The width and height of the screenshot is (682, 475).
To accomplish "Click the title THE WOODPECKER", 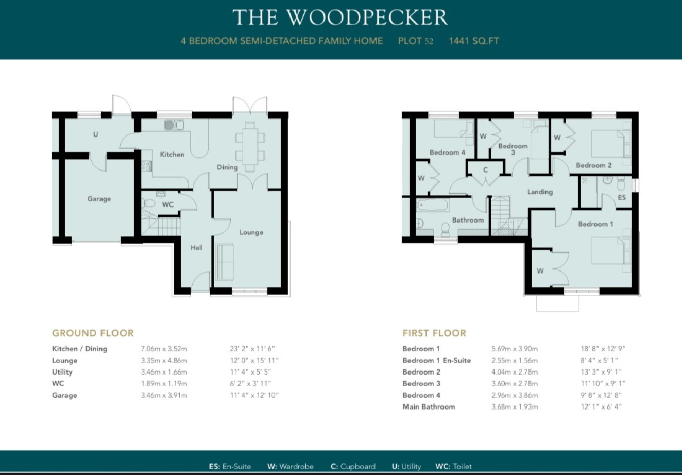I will click(340, 18).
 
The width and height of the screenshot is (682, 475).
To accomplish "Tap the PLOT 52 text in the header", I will click(415, 41).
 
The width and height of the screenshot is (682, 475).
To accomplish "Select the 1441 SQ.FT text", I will click(473, 41).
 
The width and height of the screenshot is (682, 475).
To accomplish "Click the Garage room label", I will click(99, 199).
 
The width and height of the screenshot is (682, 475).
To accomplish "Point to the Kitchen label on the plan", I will click(172, 154).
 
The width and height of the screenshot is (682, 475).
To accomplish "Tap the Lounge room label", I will click(251, 232).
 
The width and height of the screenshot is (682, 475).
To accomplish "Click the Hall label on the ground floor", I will click(196, 248).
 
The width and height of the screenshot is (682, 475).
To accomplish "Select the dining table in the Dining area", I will click(250, 146).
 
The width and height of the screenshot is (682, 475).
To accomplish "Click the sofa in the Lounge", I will click(225, 262).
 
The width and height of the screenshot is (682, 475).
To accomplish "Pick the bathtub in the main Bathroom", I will click(433, 205).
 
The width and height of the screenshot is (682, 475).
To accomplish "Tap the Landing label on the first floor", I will click(540, 192).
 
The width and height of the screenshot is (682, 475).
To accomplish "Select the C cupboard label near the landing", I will click(485, 170).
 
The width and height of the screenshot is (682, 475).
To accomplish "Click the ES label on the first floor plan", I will click(622, 197).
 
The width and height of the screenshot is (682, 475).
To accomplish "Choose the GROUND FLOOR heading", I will click(93, 333).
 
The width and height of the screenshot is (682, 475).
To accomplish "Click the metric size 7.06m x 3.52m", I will click(164, 349).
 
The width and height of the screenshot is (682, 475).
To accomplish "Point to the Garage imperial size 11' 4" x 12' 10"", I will click(254, 395).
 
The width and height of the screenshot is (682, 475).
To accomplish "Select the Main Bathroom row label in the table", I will click(429, 406).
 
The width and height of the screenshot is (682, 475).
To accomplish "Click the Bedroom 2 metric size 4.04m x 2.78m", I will click(514, 372).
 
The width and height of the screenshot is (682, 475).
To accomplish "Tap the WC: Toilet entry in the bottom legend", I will click(453, 466).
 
